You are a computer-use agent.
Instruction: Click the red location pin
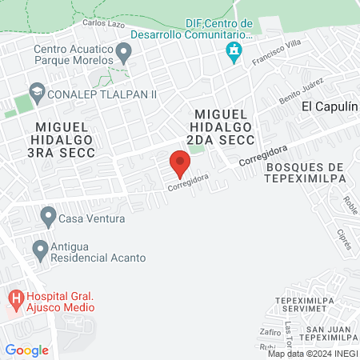pos(180,166)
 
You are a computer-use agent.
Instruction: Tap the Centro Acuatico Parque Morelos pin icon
pos(124,54)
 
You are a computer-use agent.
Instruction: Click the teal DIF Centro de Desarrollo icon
pos(234,54)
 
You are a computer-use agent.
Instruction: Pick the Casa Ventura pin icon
pos(48,216)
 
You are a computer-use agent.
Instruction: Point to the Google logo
pos(26,350)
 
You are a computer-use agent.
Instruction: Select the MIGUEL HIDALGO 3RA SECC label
pos(64,140)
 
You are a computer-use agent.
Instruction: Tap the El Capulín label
pos(328,106)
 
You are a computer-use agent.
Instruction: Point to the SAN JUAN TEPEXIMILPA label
pos(326,334)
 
